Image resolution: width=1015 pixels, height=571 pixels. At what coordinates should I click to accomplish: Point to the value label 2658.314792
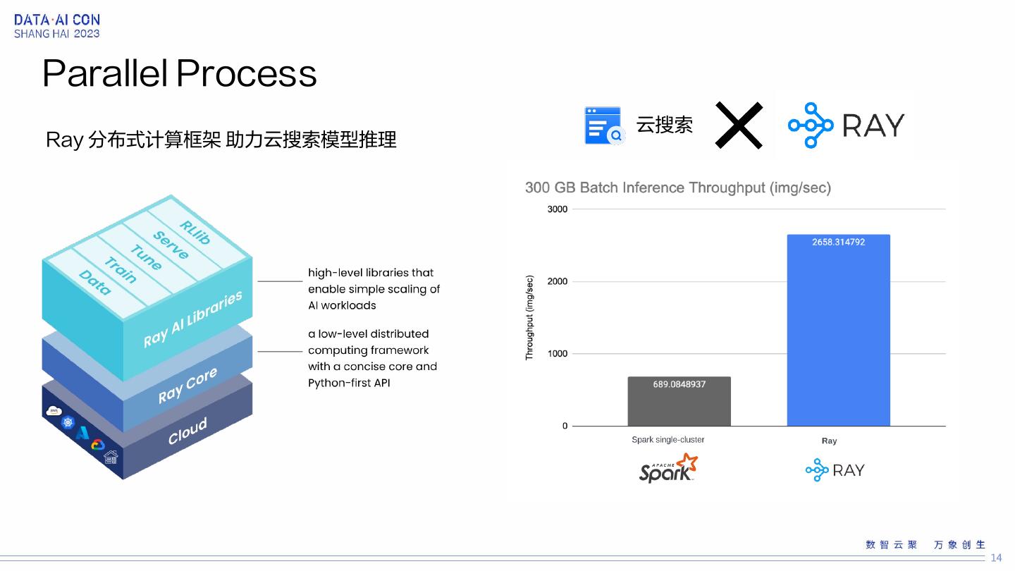pos(838,242)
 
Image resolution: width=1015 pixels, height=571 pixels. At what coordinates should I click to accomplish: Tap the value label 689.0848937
pos(679,384)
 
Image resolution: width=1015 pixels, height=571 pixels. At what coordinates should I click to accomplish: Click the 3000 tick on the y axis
pos(557,209)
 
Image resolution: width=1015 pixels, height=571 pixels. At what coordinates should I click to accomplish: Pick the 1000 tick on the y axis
pos(557,354)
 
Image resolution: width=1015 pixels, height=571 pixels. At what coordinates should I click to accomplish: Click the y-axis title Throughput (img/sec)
pos(530,318)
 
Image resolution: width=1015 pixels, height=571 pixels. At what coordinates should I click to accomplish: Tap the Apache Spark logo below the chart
pos(668,469)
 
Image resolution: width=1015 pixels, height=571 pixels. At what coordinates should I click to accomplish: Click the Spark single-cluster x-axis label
pos(668,440)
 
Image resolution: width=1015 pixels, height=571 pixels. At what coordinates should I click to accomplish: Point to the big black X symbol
pos(739,125)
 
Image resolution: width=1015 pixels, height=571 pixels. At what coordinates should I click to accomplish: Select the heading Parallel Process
pos(179,73)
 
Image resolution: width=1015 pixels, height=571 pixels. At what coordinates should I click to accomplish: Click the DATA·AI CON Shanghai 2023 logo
pos(57,27)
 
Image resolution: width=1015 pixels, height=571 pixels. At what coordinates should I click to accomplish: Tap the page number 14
pos(996,558)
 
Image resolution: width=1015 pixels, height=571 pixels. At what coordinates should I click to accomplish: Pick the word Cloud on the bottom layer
pos(187,431)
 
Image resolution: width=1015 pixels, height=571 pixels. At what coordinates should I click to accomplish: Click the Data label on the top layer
pos(94,282)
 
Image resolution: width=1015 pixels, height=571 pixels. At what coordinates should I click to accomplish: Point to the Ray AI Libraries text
pos(192,319)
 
